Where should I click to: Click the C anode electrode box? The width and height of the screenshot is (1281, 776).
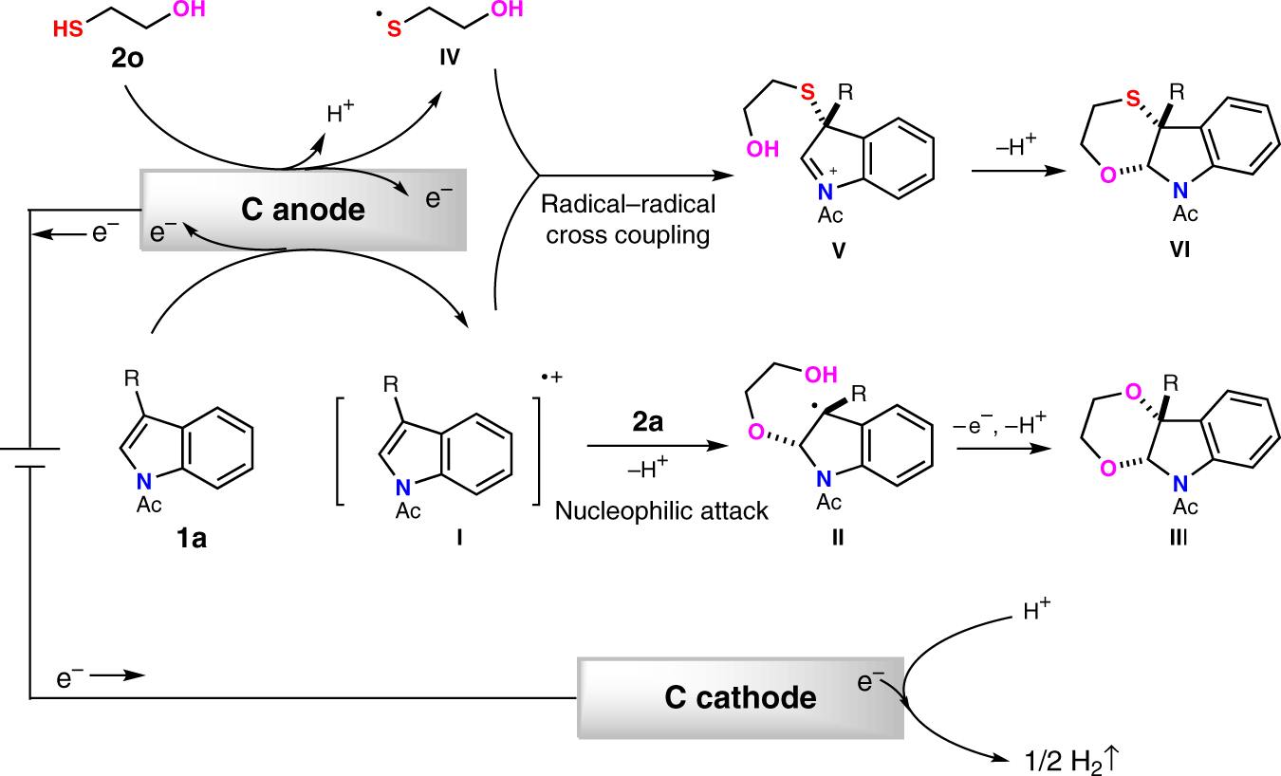pyautogui.click(x=303, y=210)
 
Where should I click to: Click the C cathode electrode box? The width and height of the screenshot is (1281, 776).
pyautogui.click(x=740, y=698)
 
